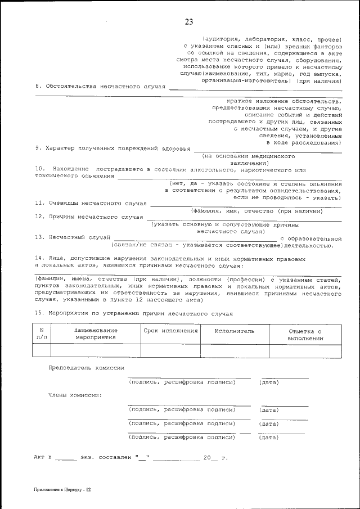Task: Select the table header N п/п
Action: (42, 334)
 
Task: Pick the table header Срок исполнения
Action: (170, 331)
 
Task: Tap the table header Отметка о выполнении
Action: (305, 335)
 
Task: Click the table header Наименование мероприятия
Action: (96, 334)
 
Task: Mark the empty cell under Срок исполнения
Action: (170, 351)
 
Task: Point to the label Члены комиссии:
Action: (75, 395)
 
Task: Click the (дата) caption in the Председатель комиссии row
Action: (269, 382)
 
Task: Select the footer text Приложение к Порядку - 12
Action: (62, 490)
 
